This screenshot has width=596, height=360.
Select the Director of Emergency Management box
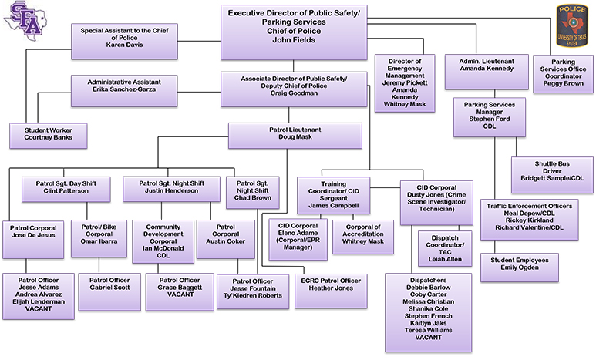click(406, 82)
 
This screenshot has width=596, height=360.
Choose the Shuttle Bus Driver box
click(550, 172)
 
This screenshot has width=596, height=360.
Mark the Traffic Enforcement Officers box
click(527, 217)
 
